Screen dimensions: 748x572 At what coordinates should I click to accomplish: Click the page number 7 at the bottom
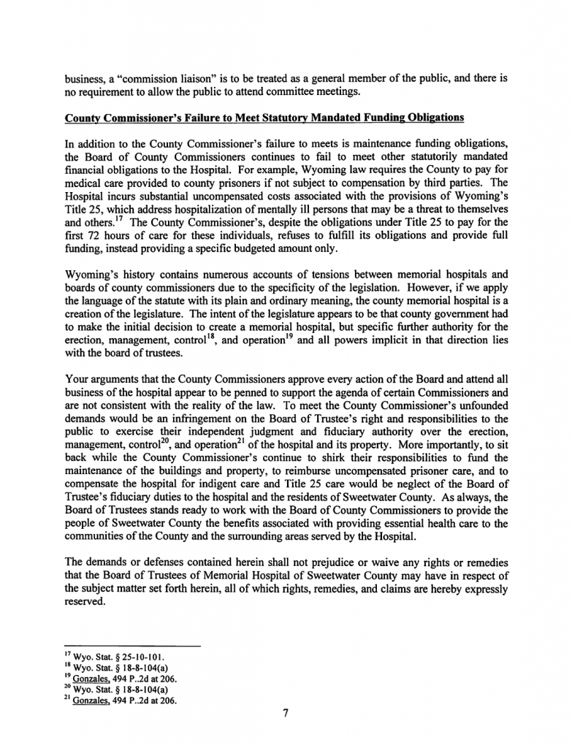click(x=286, y=714)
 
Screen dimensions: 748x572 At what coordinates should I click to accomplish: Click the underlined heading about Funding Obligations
click(x=264, y=117)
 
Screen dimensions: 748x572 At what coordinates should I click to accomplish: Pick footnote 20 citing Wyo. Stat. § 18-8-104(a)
click(x=117, y=689)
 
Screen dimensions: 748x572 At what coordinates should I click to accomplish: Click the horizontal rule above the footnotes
click(x=132, y=646)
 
